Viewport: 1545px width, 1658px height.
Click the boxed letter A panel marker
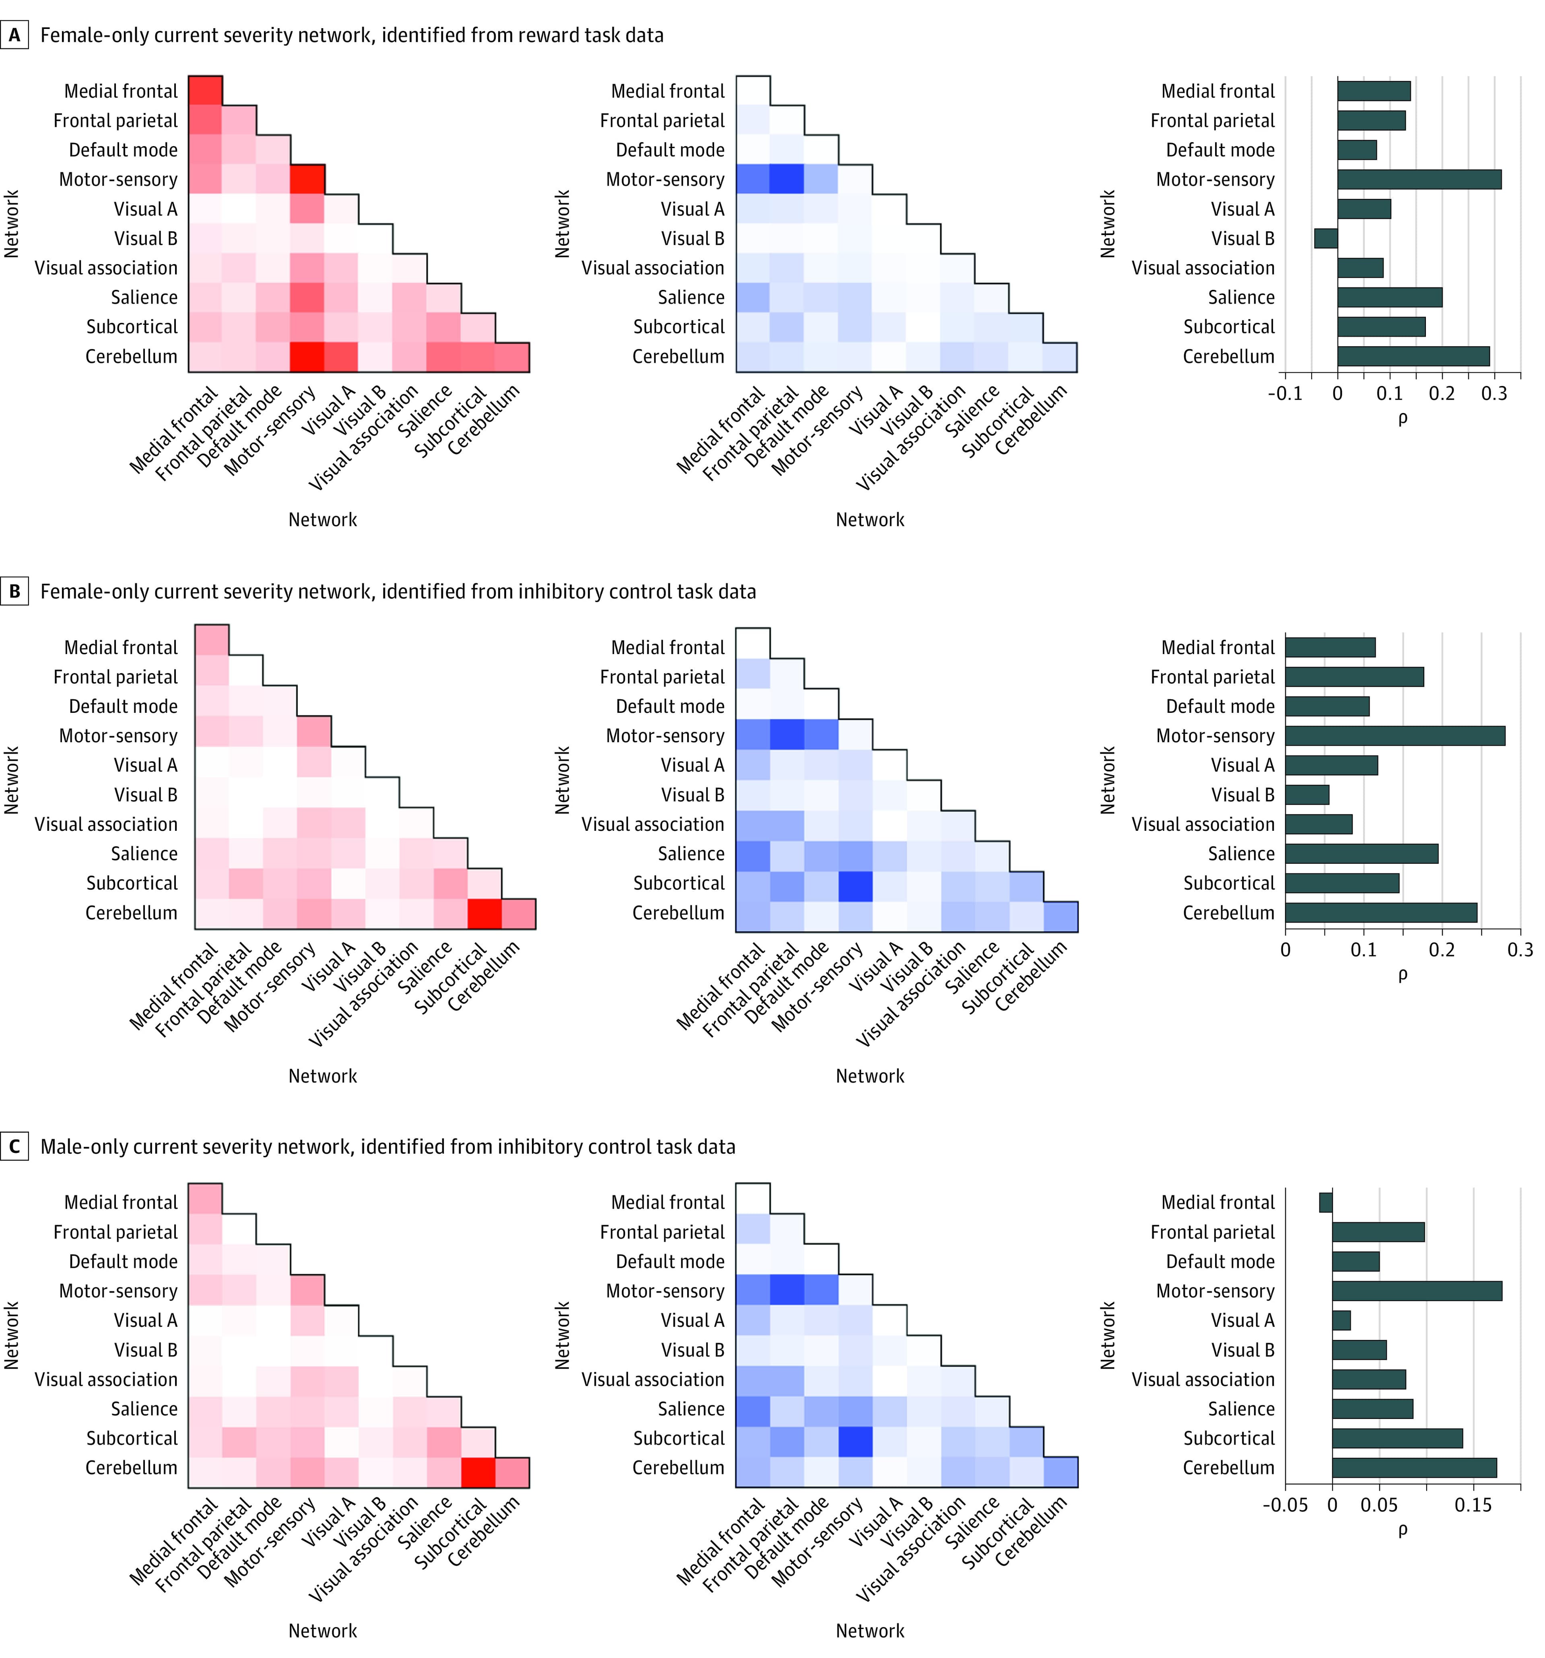pyautogui.click(x=14, y=35)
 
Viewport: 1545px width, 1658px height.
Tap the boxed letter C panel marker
pyautogui.click(x=14, y=1147)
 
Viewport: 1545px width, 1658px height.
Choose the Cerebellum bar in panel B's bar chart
pyautogui.click(x=1381, y=913)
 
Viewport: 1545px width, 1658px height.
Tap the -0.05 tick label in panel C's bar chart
pyautogui.click(x=1285, y=1505)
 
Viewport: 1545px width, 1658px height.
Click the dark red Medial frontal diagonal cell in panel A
pyautogui.click(x=205, y=91)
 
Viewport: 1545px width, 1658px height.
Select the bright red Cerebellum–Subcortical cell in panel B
pyautogui.click(x=484, y=913)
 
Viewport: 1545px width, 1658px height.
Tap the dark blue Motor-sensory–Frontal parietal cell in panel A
pyautogui.click(x=787, y=179)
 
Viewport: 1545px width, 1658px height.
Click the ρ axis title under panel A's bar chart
pyautogui.click(x=1403, y=419)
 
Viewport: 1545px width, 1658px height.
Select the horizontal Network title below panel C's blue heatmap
pyautogui.click(x=869, y=1631)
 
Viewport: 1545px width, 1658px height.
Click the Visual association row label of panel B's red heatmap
pyautogui.click(x=106, y=824)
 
